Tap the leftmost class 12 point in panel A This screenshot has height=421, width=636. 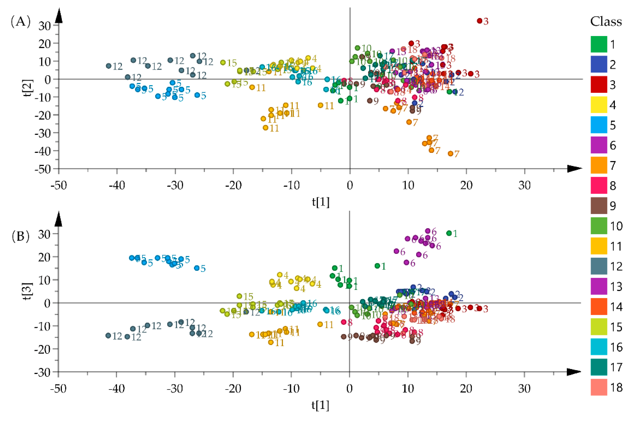(x=109, y=66)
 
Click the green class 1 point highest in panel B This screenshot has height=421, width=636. (x=449, y=233)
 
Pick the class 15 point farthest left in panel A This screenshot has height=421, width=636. (x=223, y=62)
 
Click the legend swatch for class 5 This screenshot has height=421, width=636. (x=599, y=125)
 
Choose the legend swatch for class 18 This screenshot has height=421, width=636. (x=599, y=387)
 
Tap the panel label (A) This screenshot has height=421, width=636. (x=20, y=21)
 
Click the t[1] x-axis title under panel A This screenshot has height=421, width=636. (x=321, y=202)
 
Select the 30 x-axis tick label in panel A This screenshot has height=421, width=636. (x=524, y=185)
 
